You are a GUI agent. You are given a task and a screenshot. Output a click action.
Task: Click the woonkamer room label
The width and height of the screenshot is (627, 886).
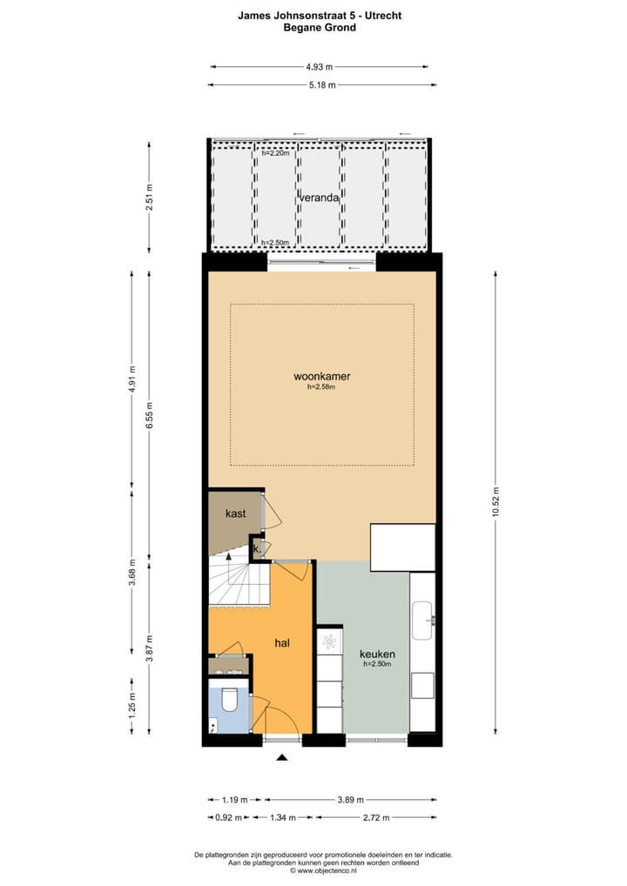321,377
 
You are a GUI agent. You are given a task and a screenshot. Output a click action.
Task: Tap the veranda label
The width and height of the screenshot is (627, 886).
319,198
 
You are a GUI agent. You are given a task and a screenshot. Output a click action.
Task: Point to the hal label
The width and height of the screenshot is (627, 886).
281,643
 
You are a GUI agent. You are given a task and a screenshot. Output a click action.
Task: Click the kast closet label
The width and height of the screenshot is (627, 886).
235,513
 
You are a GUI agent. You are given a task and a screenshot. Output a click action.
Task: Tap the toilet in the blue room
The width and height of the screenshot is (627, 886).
230,699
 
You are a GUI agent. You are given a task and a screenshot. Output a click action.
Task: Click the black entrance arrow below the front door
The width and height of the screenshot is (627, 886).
281,758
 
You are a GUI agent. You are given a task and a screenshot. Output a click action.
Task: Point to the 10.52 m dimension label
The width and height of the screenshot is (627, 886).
496,501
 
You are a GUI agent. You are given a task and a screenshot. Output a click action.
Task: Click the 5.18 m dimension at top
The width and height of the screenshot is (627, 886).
321,84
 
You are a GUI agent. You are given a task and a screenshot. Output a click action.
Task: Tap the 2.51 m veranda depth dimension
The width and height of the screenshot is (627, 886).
150,198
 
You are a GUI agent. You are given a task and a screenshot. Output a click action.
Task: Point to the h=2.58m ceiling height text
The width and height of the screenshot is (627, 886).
321,389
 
